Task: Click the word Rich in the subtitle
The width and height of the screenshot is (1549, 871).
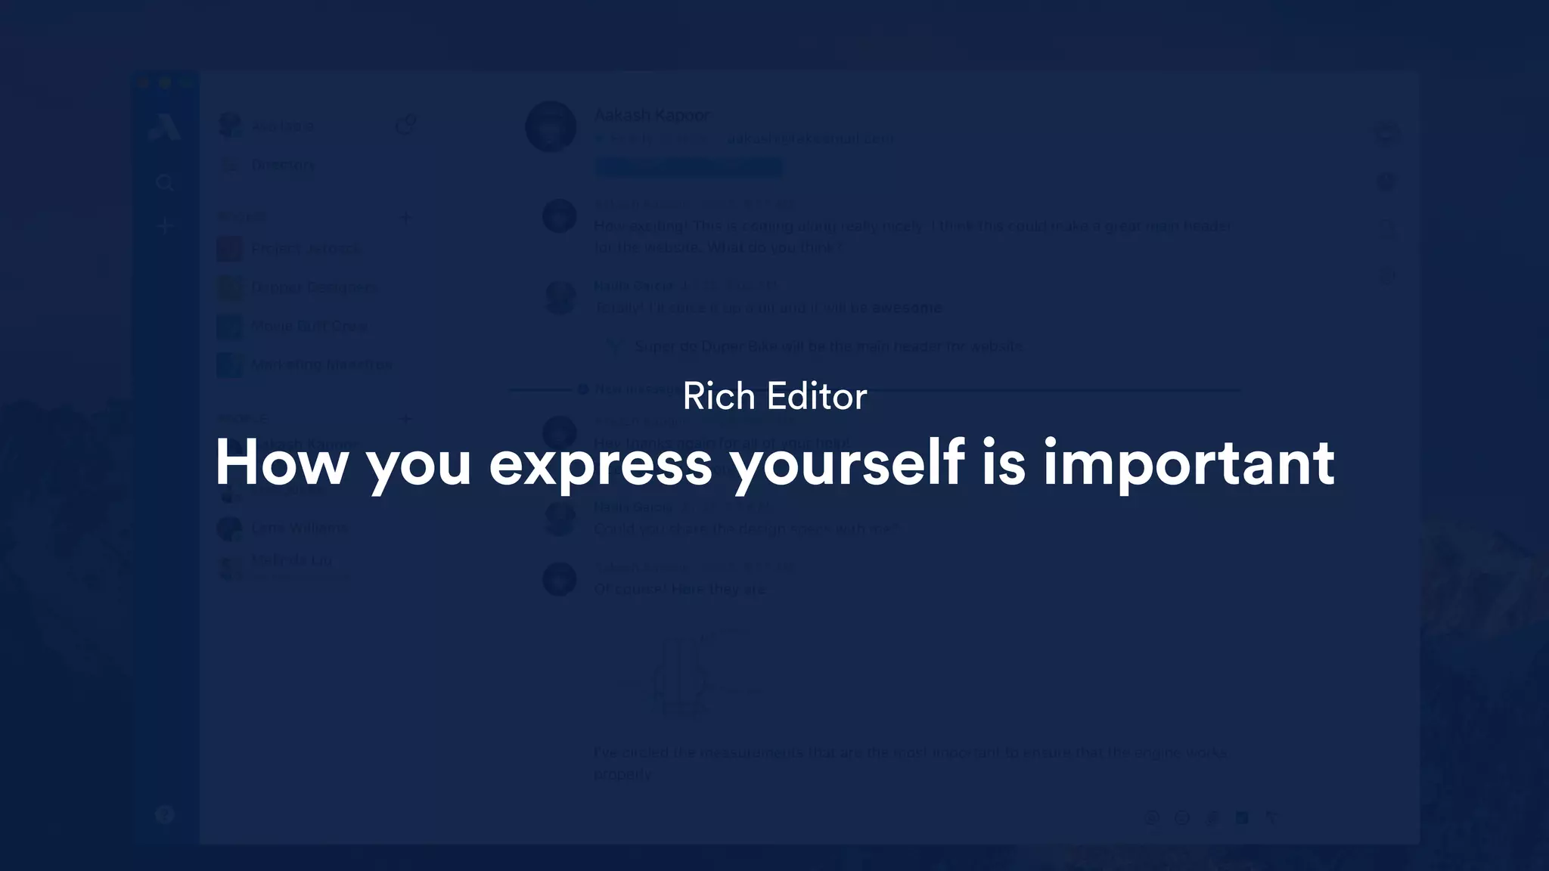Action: point(719,396)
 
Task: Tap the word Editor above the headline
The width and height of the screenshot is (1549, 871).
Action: point(816,396)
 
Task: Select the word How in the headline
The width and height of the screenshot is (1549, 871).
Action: point(281,463)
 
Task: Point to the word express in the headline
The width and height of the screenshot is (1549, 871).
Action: point(601,463)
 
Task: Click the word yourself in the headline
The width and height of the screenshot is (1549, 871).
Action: point(847,463)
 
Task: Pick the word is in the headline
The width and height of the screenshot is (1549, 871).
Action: point(1004,463)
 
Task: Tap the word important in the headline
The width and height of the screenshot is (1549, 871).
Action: point(1189,463)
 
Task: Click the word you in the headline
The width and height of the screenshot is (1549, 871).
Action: point(418,463)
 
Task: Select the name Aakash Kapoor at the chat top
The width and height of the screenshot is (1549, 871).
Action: point(652,115)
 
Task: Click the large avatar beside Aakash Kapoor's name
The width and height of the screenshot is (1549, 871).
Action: point(551,126)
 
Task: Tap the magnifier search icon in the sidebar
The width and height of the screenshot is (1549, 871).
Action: point(165,182)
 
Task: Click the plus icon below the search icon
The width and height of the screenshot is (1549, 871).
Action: point(165,225)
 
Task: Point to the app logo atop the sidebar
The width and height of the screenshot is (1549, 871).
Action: point(165,126)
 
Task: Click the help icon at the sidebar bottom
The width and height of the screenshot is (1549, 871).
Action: point(165,814)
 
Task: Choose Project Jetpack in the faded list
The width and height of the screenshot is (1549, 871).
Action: point(306,249)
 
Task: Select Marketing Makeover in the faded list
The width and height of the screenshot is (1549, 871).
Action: point(321,364)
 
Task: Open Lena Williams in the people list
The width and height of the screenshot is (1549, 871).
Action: point(300,528)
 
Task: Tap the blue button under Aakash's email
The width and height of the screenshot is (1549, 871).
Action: point(688,166)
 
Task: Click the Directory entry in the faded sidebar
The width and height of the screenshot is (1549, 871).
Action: point(282,165)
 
